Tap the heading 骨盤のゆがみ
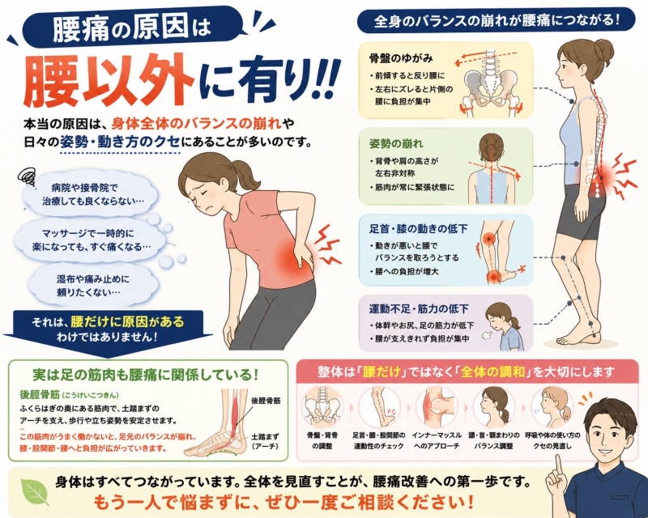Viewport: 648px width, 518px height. (400, 58)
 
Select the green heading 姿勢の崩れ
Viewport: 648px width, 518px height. (395, 144)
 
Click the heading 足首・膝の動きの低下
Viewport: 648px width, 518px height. (418, 228)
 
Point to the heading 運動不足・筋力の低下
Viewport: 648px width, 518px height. (418, 308)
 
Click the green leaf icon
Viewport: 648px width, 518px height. (35, 491)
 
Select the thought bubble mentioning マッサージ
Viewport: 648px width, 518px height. (92, 240)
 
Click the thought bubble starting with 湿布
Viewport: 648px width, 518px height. (93, 286)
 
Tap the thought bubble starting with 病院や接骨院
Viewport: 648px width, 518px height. (91, 194)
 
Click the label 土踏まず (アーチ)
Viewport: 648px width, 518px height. (266, 441)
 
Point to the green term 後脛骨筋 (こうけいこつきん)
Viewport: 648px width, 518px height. (70, 394)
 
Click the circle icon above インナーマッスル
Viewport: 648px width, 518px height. (437, 407)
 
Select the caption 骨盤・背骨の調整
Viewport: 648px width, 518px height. (322, 441)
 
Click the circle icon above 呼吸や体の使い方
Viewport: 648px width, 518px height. (552, 407)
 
